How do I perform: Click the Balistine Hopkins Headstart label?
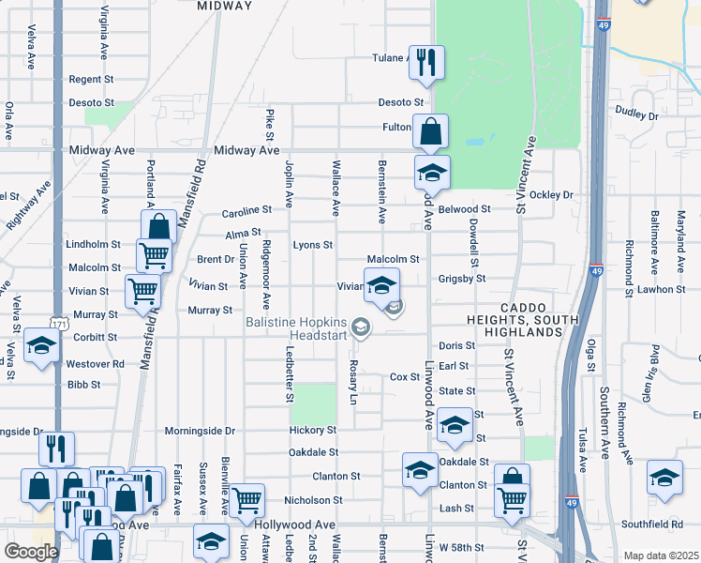click(296, 328)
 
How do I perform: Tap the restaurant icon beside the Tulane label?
click(426, 62)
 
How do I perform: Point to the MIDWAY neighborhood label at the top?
click(226, 6)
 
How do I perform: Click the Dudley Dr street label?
click(637, 114)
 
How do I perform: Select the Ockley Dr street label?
click(550, 195)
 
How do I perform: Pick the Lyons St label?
click(313, 245)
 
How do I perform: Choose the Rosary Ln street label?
click(353, 382)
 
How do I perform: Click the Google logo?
click(31, 551)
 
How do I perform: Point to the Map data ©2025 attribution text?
click(660, 555)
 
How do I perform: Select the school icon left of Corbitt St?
click(41, 346)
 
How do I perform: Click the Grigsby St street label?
click(461, 279)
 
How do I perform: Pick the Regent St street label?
click(90, 80)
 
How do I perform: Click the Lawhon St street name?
click(662, 290)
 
